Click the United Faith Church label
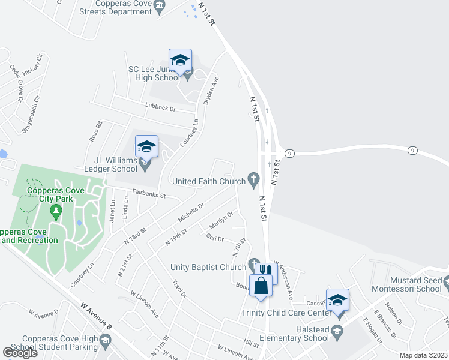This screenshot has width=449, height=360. tap(208, 181)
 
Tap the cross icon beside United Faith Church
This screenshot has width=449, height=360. tap(253, 179)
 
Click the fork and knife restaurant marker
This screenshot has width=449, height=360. tap(266, 272)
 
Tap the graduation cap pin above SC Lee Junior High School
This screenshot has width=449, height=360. tap(180, 60)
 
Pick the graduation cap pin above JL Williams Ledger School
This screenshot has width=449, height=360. tap(146, 146)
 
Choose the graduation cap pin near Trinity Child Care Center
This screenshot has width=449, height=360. tap(337, 300)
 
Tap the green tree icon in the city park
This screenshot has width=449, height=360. tap(56, 211)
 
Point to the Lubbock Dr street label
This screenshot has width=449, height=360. tap(160, 109)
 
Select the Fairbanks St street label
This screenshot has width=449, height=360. tap(148, 196)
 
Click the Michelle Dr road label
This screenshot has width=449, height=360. tap(191, 211)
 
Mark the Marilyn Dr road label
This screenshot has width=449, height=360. tap(220, 221)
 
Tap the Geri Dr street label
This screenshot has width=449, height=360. tap(214, 239)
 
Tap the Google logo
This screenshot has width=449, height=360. tap(20, 353)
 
